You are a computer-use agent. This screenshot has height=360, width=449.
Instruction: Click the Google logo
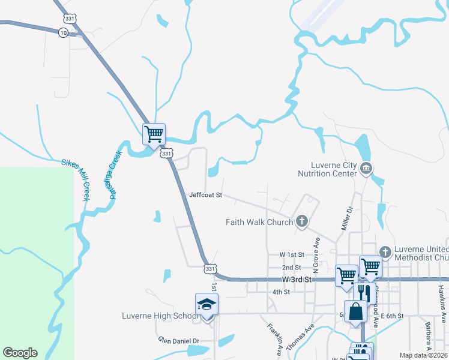[x=20, y=353]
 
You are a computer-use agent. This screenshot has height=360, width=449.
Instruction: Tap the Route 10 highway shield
[x=63, y=33]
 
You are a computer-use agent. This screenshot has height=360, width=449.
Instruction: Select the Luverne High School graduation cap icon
[x=206, y=304]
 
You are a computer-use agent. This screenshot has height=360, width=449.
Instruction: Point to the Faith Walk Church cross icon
[x=301, y=222]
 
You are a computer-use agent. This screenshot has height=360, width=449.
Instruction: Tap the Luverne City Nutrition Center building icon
[x=366, y=170]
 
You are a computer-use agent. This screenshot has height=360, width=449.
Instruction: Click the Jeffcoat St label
[x=205, y=195]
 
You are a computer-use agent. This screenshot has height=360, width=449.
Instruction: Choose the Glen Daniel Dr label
[x=178, y=340]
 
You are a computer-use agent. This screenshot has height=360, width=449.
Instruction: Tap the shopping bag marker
[x=355, y=311]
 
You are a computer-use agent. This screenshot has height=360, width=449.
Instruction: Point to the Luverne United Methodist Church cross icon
[x=385, y=251]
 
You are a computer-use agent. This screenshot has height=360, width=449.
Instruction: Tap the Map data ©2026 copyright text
[x=423, y=355]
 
